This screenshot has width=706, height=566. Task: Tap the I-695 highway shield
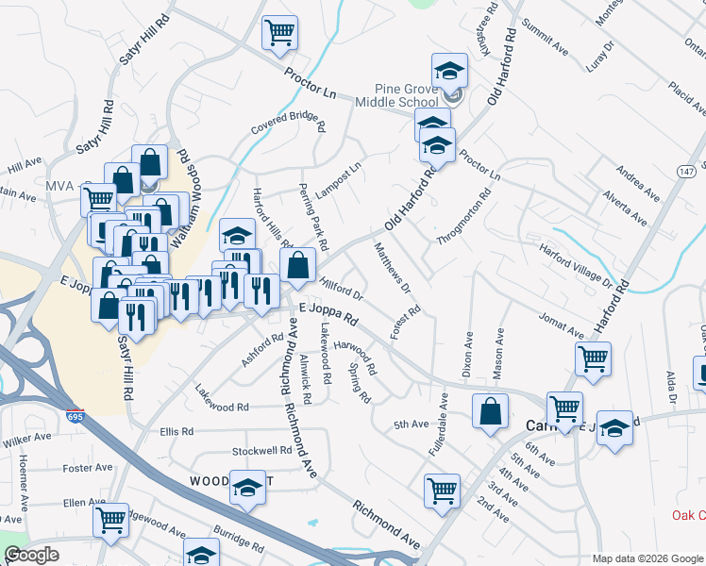tap(75, 416)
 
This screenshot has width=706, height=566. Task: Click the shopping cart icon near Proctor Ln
tap(280, 33)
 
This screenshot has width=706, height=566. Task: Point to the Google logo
tap(31, 555)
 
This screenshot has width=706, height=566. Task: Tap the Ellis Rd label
tap(176, 431)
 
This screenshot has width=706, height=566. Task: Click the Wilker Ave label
tap(27, 440)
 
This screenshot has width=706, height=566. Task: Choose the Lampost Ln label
tap(339, 180)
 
